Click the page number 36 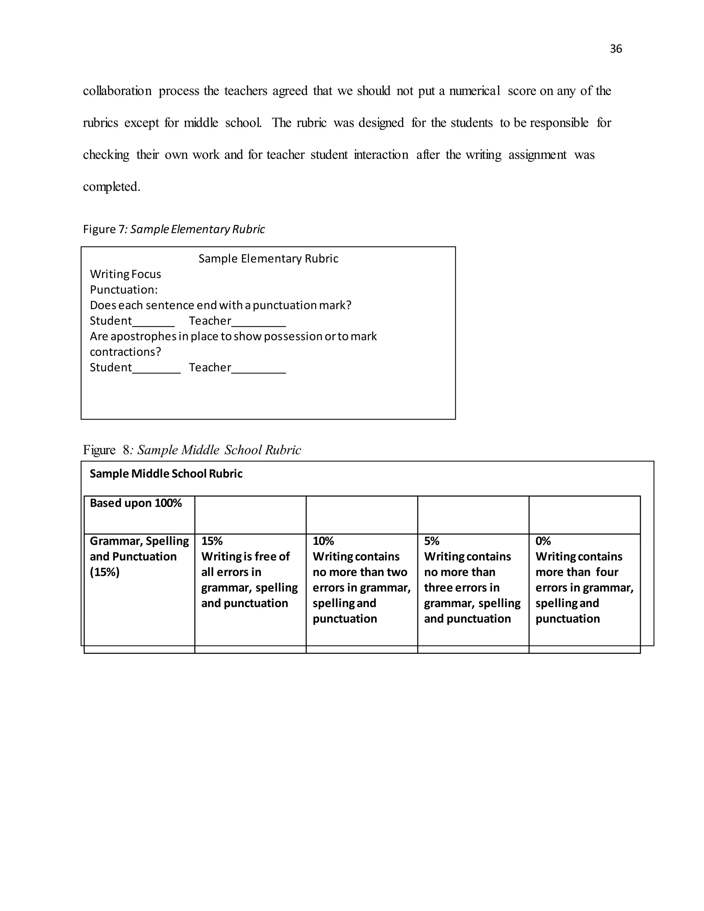[616, 49]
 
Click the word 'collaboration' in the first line [117, 91]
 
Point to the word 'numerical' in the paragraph [474, 91]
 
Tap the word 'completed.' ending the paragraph [111, 186]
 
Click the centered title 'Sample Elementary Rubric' [268, 259]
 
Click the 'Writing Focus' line [125, 274]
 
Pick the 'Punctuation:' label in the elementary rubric [124, 289]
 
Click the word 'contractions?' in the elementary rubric [125, 352]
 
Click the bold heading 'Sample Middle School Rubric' [166, 474]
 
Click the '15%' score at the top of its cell [212, 541]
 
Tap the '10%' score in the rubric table [323, 541]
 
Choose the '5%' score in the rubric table [432, 541]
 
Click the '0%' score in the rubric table [543, 541]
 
